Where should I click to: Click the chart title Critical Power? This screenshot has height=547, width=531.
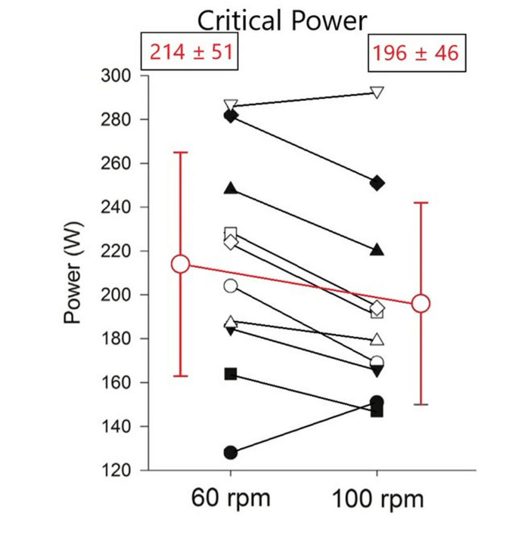click(x=283, y=21)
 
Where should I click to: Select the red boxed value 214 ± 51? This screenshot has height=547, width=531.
click(x=189, y=52)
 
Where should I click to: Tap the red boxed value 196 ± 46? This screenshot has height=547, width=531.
click(x=415, y=52)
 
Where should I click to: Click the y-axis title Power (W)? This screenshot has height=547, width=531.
click(x=73, y=273)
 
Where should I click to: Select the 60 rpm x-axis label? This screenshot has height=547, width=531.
click(x=231, y=499)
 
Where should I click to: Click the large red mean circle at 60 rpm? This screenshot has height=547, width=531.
click(x=180, y=264)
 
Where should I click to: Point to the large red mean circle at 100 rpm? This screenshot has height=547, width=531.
click(x=421, y=303)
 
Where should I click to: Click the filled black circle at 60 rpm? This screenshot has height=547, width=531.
click(x=231, y=453)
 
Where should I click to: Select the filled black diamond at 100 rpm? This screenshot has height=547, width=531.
click(x=377, y=183)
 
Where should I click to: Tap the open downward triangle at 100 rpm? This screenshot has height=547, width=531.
click(x=377, y=93)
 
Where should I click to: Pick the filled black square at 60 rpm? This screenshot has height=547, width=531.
click(x=231, y=374)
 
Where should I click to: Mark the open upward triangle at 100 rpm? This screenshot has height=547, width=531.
click(x=377, y=340)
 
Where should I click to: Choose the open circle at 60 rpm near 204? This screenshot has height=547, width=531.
click(x=231, y=286)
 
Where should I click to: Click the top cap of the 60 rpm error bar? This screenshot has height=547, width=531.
click(x=180, y=152)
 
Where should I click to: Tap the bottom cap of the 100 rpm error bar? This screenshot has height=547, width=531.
click(x=421, y=404)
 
